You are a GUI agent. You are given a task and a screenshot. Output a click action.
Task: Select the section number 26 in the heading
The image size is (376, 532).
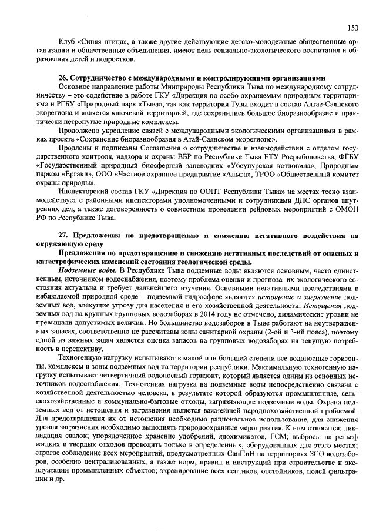63,78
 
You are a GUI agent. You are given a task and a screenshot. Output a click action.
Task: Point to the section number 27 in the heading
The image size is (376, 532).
63,235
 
